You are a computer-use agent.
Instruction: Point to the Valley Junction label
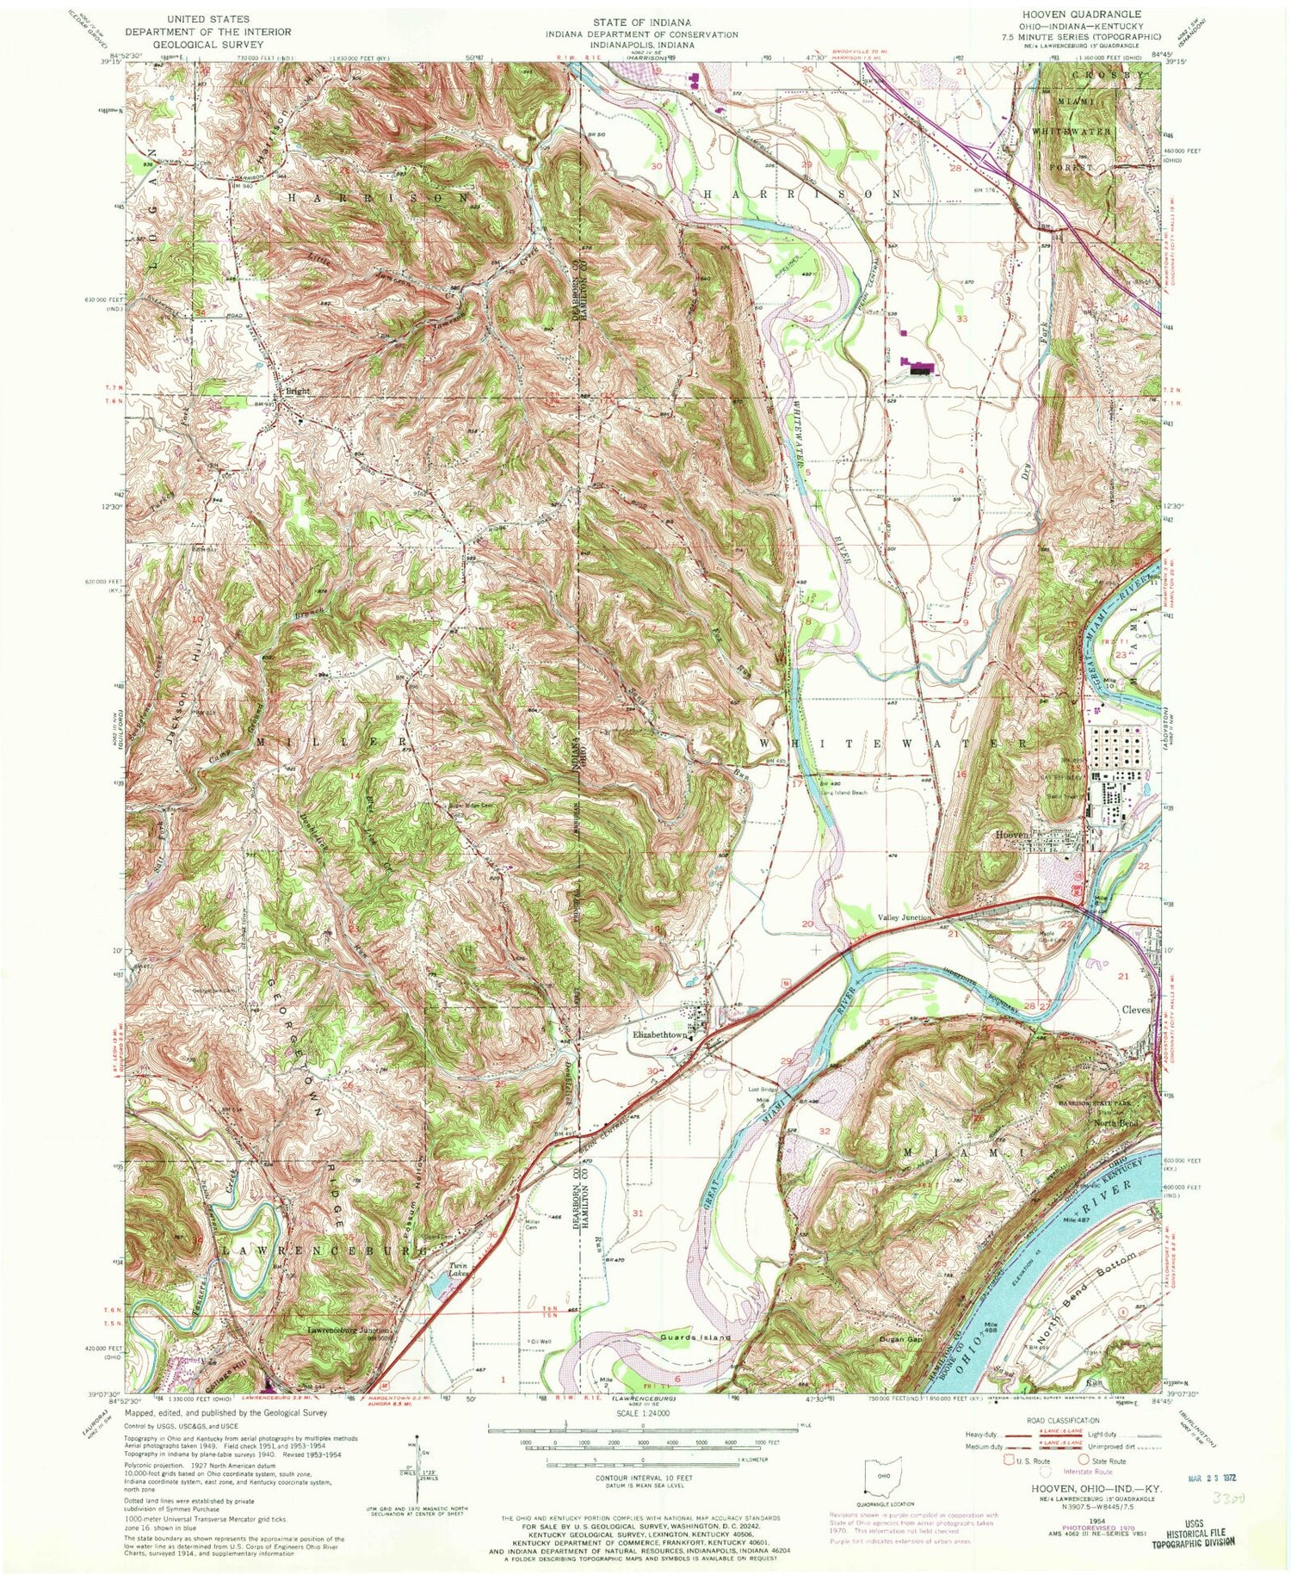(905, 918)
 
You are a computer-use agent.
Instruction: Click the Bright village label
(298, 391)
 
